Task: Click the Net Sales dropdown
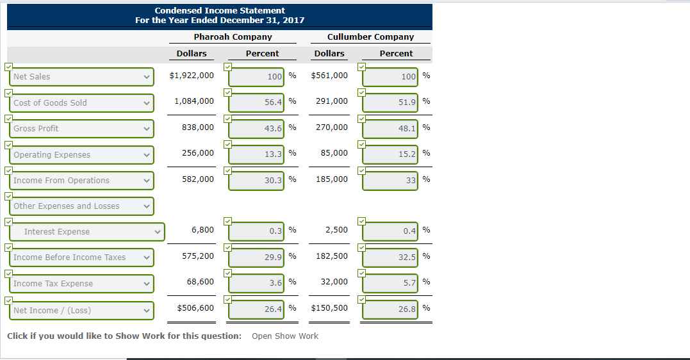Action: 82,77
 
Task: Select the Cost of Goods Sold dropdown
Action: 82,103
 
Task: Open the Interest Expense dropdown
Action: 87,232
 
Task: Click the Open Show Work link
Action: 284,336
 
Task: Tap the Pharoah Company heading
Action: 233,37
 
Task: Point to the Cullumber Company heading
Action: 370,37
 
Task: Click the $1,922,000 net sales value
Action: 192,76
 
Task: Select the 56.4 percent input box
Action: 257,102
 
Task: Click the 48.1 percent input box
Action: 390,129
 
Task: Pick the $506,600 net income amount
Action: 195,308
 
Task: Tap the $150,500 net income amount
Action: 329,308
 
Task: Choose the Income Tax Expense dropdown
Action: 82,284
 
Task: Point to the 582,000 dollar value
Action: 198,179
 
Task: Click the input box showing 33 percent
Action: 390,181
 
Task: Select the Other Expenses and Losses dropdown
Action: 82,206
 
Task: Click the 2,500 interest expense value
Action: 336,230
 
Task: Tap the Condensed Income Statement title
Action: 220,11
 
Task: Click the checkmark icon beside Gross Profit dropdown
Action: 8,119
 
